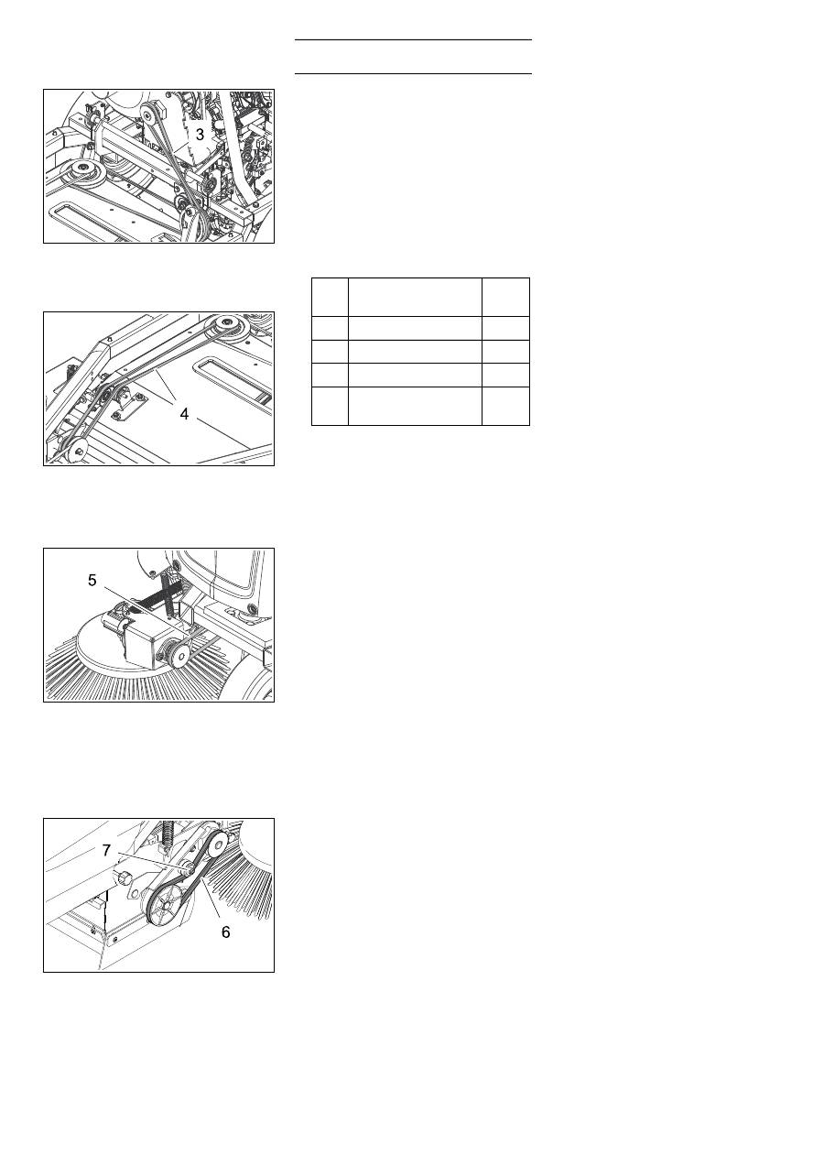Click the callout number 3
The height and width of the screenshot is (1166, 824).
200,135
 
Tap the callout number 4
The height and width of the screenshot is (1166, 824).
184,414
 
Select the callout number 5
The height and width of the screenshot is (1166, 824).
92,581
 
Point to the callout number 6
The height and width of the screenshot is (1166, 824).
226,932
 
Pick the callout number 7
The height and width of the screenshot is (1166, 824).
106,850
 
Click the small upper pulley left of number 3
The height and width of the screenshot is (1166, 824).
150,111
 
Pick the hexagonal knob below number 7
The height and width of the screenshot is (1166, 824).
125,878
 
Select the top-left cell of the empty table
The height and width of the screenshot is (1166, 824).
330,297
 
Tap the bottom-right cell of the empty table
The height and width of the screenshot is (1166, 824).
505,406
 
